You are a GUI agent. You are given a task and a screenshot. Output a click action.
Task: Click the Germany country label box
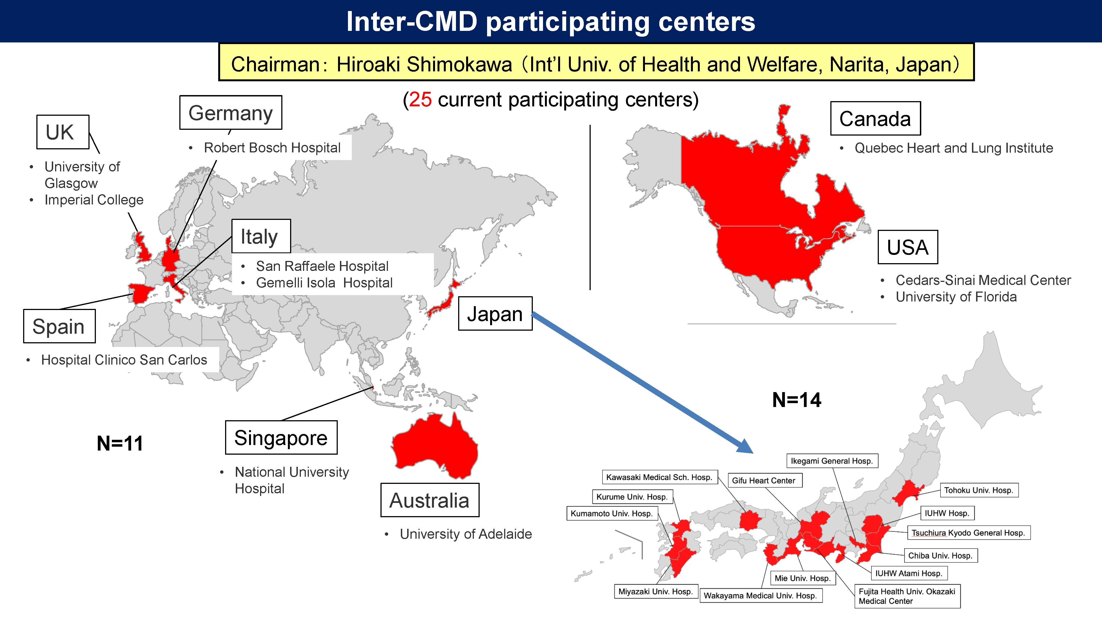[x=231, y=112]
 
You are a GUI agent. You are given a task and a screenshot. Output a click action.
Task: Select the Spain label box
[x=59, y=326]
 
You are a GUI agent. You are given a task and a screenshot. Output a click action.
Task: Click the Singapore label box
[x=281, y=437]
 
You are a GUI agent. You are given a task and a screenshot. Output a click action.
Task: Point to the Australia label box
[x=430, y=500]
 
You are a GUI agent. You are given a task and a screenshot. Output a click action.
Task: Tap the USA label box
[x=907, y=247]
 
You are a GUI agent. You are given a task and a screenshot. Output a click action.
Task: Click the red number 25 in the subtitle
[x=420, y=100]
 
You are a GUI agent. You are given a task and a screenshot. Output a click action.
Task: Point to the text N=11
[x=120, y=443]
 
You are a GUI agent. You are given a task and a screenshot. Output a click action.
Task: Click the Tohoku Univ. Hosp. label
[x=979, y=490]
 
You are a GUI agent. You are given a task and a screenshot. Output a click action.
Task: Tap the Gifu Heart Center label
[x=764, y=480]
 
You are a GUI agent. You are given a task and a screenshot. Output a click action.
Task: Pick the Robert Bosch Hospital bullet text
[x=272, y=148]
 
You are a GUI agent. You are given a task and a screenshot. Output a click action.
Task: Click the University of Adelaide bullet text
[x=465, y=534]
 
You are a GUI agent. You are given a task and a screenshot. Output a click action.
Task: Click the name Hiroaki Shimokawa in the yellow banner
[x=424, y=64]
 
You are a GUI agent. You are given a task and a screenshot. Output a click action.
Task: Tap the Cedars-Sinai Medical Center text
[x=983, y=280]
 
